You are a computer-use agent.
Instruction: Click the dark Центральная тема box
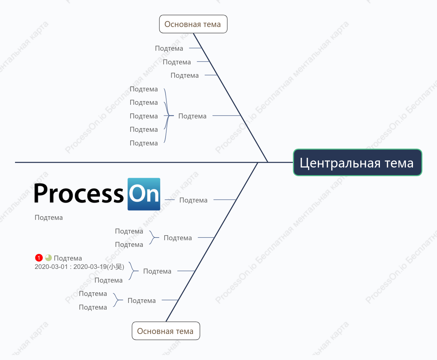click(358, 162)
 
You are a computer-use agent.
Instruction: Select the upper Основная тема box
click(193, 24)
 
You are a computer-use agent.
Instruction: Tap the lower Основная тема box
click(166, 331)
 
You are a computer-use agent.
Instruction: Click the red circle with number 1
click(39, 258)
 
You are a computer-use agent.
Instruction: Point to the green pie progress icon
click(48, 258)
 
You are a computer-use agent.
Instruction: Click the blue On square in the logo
click(144, 194)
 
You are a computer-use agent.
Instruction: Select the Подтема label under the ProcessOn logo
click(48, 218)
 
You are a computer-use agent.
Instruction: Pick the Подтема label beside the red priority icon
click(68, 258)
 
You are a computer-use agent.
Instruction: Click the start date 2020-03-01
click(51, 267)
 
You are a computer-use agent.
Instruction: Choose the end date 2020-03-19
click(90, 267)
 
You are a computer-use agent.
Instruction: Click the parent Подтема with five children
click(192, 116)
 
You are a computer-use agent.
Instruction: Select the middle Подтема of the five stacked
click(144, 116)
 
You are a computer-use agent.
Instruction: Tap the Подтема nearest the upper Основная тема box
click(169, 48)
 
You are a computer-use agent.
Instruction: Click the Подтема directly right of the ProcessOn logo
click(193, 200)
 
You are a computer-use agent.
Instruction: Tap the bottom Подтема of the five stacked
click(144, 143)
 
